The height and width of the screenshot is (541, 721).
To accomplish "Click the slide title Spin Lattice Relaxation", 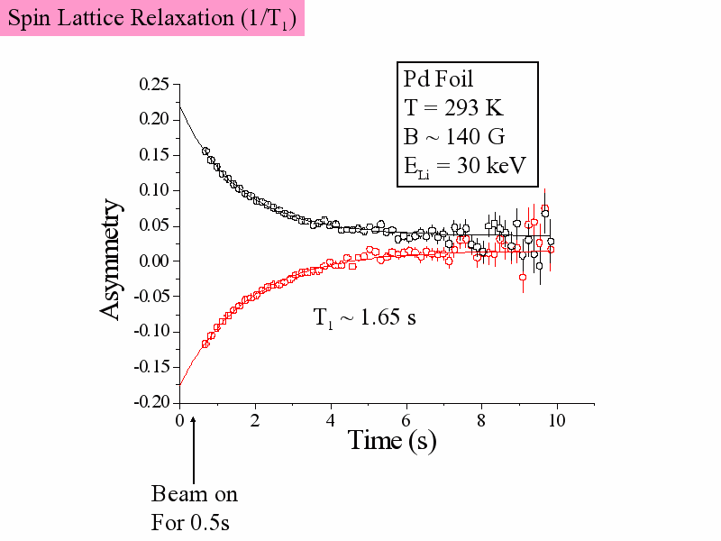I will pos(153,18).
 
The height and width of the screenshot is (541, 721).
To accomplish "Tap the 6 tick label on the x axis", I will pos(406,420).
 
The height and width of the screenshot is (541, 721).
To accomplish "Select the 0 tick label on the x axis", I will pos(180,420).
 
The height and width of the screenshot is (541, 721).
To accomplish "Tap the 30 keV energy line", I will pos(464,166).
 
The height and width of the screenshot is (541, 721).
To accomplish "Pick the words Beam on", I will pos(195,494).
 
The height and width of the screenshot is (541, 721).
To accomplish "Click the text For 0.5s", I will pos(191,522).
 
